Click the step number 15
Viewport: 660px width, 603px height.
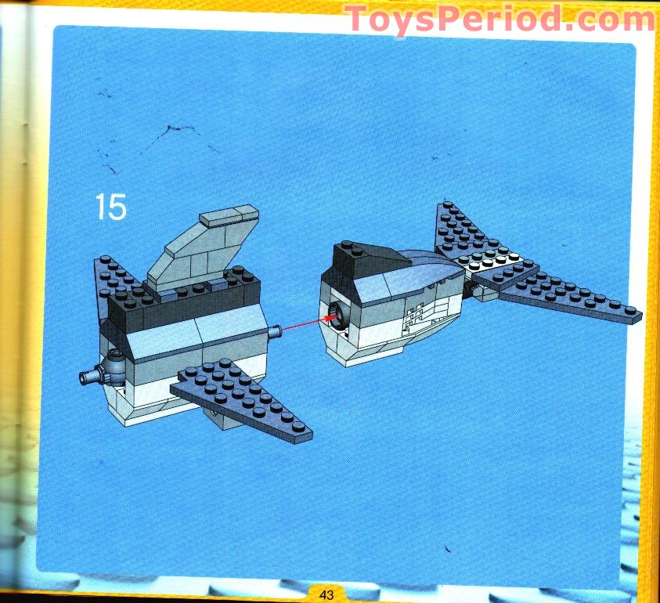pyautogui.click(x=110, y=206)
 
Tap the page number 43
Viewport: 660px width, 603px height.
pyautogui.click(x=326, y=595)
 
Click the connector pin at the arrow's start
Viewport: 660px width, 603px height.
pyautogui.click(x=274, y=333)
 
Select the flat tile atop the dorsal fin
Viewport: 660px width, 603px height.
pyautogui.click(x=229, y=215)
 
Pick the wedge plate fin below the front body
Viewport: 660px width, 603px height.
pyautogui.click(x=241, y=399)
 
